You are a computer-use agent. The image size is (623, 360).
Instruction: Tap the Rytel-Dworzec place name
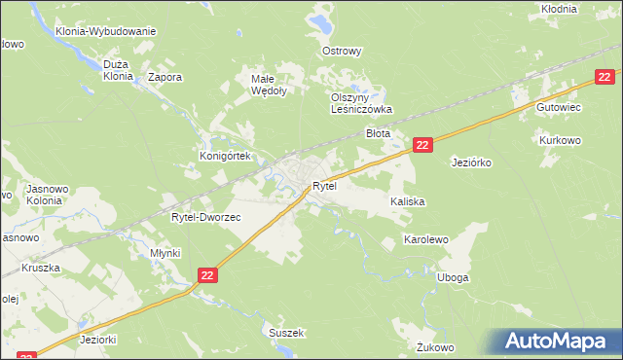click(205, 218)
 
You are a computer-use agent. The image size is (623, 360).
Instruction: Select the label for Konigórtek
click(226, 156)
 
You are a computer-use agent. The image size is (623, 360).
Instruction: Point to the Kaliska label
click(408, 201)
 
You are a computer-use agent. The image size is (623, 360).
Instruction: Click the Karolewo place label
click(425, 239)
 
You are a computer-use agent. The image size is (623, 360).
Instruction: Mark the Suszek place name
click(286, 333)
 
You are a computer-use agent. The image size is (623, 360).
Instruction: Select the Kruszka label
click(41, 268)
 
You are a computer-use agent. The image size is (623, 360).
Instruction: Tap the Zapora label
click(165, 76)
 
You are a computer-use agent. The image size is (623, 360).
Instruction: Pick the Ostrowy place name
click(342, 51)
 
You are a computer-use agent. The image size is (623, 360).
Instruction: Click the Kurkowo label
click(561, 140)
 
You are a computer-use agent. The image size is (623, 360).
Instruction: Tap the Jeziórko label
click(475, 162)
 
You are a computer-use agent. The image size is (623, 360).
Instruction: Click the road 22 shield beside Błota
click(421, 145)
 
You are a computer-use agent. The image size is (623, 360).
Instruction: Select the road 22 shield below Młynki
click(207, 276)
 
